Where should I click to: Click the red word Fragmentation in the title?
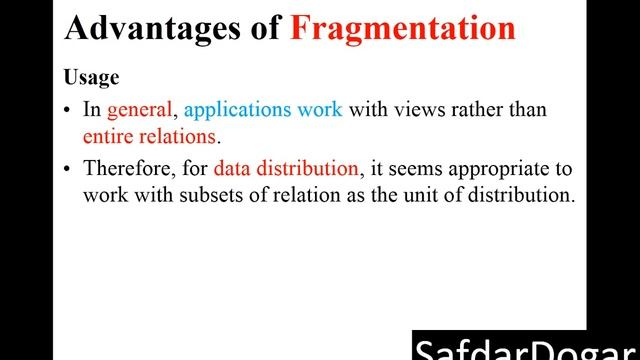[x=403, y=29]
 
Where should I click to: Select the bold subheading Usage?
[x=91, y=77]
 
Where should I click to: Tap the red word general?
[x=140, y=110]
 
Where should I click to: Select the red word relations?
[x=180, y=134]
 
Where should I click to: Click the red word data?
[x=232, y=169]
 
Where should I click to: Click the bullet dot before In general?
[x=67, y=110]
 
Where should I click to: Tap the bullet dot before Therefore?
[x=67, y=170]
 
